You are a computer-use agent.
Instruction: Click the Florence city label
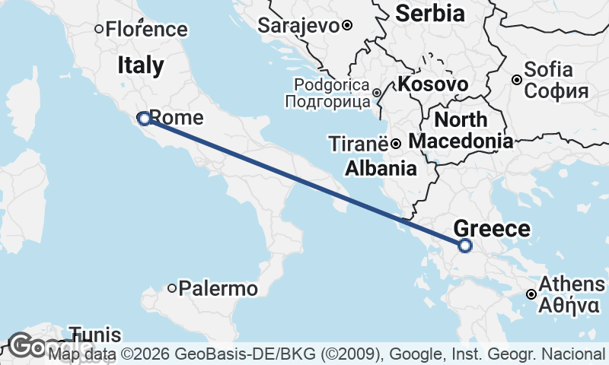tap(146, 30)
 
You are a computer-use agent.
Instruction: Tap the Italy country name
tap(141, 65)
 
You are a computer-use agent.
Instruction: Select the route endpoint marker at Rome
tap(143, 118)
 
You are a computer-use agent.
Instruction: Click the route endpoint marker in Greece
tap(465, 245)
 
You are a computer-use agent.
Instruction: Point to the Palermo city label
tap(218, 289)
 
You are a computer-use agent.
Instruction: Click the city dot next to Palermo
tap(173, 288)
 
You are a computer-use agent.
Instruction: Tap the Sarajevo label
tap(298, 25)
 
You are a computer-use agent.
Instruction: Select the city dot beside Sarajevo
tap(347, 25)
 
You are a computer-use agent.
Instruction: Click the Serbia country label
tap(430, 13)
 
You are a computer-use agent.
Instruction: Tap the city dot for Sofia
tap(517, 80)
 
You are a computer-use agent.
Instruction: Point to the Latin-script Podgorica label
tap(331, 85)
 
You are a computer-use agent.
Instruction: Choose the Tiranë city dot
tap(396, 143)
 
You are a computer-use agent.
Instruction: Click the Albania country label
tap(381, 168)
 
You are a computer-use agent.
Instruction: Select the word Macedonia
tap(460, 141)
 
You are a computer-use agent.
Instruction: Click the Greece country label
tap(491, 228)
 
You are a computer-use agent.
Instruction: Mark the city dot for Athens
tap(531, 294)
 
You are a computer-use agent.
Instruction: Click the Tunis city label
tap(95, 335)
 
